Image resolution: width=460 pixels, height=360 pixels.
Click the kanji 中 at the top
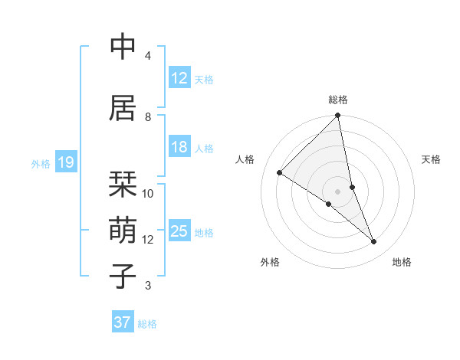[x=123, y=47]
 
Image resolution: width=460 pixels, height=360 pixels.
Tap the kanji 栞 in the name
[x=123, y=184]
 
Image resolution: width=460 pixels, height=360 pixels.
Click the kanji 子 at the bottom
[x=123, y=276]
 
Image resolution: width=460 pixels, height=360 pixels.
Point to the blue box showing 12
[x=179, y=78]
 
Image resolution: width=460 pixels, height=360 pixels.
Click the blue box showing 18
[x=179, y=147]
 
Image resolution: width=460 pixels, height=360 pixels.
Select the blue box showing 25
[x=179, y=231]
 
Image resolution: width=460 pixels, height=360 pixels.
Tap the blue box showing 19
[x=65, y=162]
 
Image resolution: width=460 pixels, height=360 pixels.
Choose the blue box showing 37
[x=122, y=322]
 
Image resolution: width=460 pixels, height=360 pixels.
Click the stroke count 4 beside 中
[x=148, y=56]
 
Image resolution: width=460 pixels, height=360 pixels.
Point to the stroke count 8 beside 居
[x=148, y=117]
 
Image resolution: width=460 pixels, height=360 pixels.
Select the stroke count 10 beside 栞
[x=148, y=194]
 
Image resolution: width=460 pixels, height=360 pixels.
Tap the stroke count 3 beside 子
[x=148, y=286]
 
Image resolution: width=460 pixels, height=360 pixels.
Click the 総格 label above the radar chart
[x=337, y=100]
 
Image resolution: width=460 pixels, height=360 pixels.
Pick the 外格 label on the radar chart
[x=270, y=262]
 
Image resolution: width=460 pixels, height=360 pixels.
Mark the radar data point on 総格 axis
[x=337, y=116]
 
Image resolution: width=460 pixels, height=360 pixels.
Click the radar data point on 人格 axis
[x=280, y=173]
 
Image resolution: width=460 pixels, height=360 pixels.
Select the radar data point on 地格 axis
[x=374, y=242]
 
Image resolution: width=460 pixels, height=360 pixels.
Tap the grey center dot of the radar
[x=337, y=191]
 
